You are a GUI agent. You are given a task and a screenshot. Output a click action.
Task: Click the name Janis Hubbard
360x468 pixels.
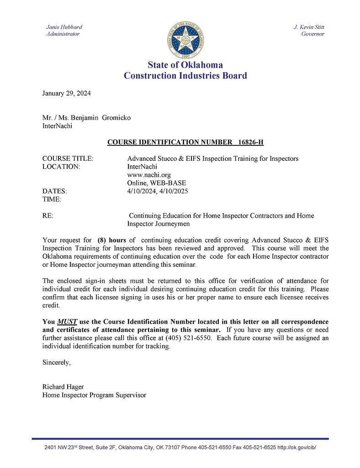tap(64, 27)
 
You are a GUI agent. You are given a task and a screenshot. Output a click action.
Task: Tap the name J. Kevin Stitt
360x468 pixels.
tap(309, 27)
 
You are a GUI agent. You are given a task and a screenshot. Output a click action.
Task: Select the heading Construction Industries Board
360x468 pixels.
tap(185, 76)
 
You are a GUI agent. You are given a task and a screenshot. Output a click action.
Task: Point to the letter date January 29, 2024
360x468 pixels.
tap(66, 93)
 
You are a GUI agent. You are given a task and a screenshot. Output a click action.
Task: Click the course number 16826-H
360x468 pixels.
tap(251, 142)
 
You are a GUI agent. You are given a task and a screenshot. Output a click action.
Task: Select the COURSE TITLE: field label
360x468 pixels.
tap(68, 159)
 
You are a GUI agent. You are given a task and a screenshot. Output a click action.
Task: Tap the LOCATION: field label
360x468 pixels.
tap(61, 167)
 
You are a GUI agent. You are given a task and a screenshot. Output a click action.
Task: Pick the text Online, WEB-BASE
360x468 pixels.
tap(156, 183)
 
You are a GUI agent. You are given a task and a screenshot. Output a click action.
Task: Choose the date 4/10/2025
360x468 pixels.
tap(174, 191)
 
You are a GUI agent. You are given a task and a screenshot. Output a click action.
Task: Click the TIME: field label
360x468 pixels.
tap(52, 199)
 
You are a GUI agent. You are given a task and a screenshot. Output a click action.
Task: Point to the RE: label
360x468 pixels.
tap(48, 216)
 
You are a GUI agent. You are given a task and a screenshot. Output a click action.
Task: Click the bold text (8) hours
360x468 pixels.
tap(111, 240)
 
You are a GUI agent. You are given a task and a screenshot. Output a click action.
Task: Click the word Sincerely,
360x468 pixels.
tap(57, 362)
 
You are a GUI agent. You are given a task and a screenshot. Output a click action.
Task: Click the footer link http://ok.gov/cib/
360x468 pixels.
tap(296, 447)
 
